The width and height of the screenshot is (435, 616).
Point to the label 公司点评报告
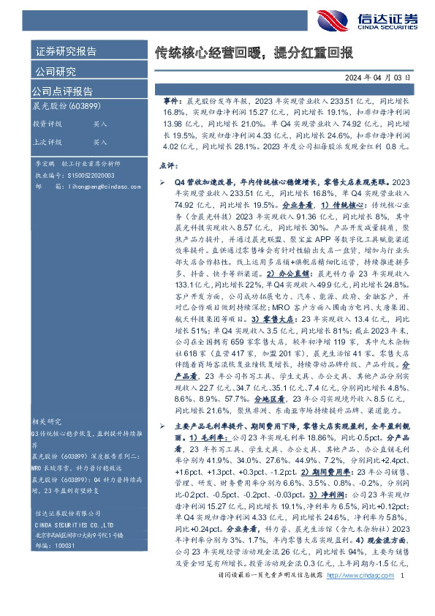tap(61, 91)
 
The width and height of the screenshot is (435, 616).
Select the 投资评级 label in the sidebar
tap(48, 124)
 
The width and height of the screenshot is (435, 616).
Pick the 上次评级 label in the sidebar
tap(48, 142)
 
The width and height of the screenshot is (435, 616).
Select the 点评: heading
tap(168, 166)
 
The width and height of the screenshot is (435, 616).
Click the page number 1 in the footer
tap(403, 598)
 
